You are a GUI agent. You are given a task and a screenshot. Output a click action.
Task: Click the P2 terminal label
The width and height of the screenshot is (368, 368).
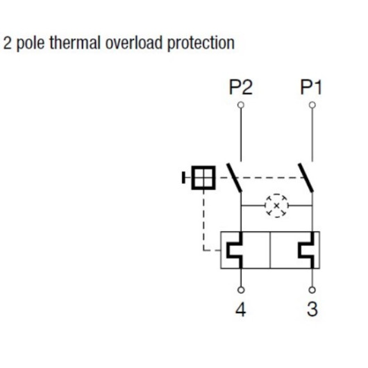point(240,87)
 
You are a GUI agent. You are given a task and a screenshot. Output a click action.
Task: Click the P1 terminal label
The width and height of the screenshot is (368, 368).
point(311,87)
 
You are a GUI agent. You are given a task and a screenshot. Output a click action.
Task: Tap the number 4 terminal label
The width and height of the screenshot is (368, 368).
point(241,309)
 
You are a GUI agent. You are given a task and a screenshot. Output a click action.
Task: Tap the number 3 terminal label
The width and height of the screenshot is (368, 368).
point(312,309)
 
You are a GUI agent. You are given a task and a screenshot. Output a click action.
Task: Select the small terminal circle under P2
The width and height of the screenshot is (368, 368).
point(241,105)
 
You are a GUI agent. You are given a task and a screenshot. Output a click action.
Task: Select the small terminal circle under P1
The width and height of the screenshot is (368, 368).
point(312,105)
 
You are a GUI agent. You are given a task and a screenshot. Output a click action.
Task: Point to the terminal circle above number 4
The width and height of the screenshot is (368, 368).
point(241,290)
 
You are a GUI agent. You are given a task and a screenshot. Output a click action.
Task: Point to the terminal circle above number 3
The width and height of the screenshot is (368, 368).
point(312,290)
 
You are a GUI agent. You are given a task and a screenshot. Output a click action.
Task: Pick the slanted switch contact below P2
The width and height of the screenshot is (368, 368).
point(234,178)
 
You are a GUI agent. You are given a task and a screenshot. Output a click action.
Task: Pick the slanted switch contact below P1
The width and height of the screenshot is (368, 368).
point(306,178)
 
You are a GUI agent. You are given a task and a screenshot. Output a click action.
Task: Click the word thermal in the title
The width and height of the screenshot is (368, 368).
point(75,43)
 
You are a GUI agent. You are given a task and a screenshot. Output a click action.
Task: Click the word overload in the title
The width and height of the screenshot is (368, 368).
point(134,43)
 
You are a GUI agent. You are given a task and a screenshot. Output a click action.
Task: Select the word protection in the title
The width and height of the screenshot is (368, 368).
point(201,44)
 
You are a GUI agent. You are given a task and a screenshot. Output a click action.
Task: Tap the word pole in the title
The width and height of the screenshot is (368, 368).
point(31,44)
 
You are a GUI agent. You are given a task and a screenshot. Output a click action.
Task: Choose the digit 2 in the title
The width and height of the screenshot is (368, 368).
point(7,43)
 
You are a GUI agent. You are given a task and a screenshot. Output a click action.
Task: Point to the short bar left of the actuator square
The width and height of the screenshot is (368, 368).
point(183,178)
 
